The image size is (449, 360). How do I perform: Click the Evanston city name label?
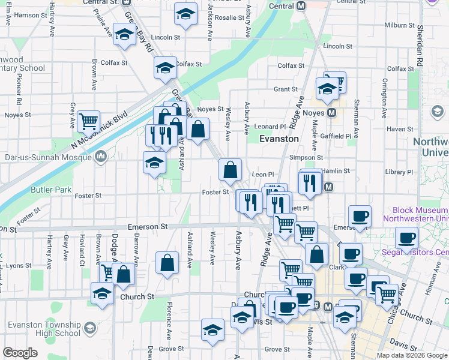pos(279,139)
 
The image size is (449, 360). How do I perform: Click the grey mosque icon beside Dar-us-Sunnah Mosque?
pos(100,157)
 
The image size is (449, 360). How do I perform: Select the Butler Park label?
pos(50,191)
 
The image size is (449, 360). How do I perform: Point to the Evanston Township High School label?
pos(44,329)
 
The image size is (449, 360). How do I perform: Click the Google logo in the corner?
pos(20,353)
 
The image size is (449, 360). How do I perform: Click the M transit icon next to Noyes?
pos(331,113)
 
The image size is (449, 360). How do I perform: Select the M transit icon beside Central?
pos(301,6)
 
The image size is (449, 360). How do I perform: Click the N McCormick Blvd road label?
pos(99,130)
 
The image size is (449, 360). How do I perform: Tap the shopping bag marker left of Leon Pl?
pos(231,170)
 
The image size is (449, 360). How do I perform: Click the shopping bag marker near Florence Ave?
pos(167,263)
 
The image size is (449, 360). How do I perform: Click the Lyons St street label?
pos(19,265)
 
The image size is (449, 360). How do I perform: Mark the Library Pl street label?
pos(400,172)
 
